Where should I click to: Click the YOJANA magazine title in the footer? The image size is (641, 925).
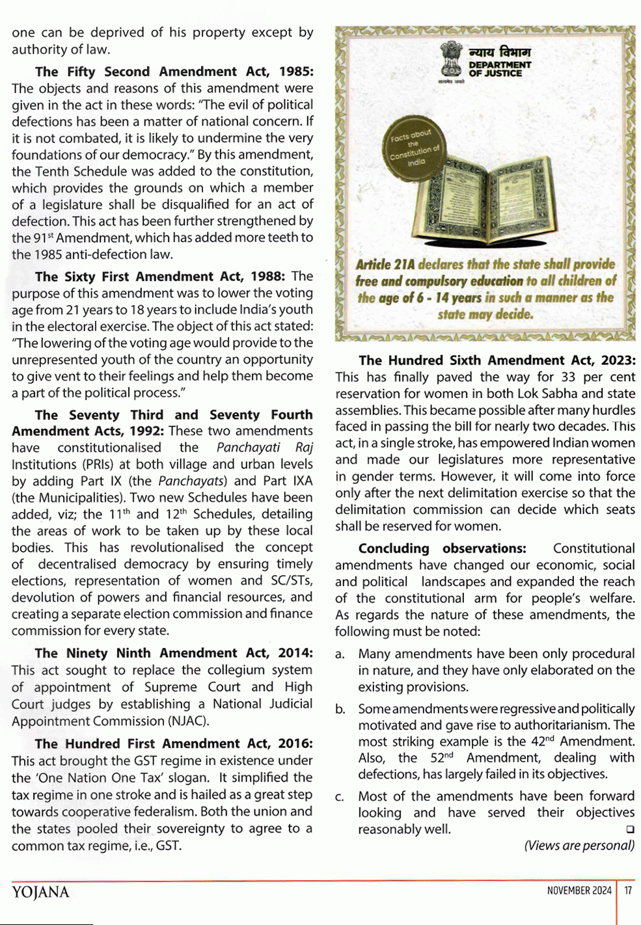[40, 892]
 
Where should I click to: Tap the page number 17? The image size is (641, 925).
[628, 891]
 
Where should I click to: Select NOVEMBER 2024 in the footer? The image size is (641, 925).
[579, 891]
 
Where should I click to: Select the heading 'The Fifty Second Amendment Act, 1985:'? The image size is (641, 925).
[174, 72]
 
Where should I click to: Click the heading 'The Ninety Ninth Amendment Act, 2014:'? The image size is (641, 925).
[174, 653]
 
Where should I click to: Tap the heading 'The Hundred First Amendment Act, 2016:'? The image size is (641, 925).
[174, 744]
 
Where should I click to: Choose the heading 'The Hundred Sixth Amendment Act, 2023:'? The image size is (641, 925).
[497, 360]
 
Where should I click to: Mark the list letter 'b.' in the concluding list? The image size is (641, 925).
[340, 709]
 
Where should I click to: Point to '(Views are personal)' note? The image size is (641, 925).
[579, 845]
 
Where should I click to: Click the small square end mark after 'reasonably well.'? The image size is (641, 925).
[629, 829]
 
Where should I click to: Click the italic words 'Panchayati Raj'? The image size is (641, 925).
[264, 448]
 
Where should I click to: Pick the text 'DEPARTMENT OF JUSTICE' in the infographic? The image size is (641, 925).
[500, 69]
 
